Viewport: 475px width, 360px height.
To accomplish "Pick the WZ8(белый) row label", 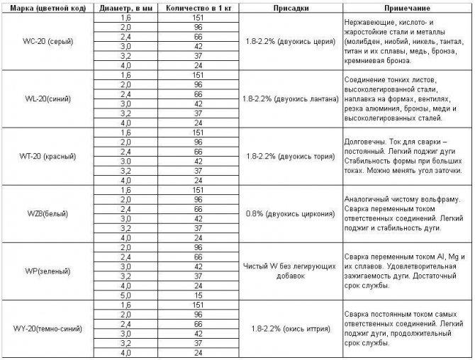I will (43, 213).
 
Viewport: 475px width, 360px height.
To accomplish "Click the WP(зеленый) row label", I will (43, 271).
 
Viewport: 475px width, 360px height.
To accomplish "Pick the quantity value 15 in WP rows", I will (199, 294).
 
